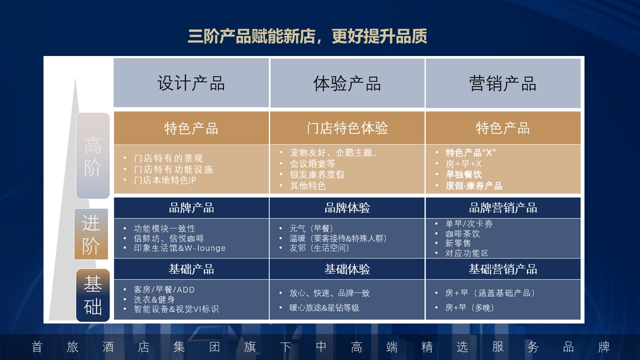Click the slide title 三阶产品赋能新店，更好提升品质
tap(307, 37)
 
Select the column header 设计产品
tap(191, 83)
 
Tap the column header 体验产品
tap(347, 83)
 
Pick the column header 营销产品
tap(502, 83)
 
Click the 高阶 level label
tap(92, 156)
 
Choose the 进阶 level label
tap(91, 234)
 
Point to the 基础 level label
tap(92, 295)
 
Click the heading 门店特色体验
tap(347, 128)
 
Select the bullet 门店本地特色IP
tap(164, 180)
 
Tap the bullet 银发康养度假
tap(317, 175)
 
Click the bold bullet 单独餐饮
tap(463, 175)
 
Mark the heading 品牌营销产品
tap(502, 208)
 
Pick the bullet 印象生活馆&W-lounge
tap(179, 248)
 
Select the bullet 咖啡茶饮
tap(462, 233)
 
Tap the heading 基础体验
tap(347, 269)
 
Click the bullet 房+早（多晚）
tap(469, 307)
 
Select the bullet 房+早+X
tap(463, 164)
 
